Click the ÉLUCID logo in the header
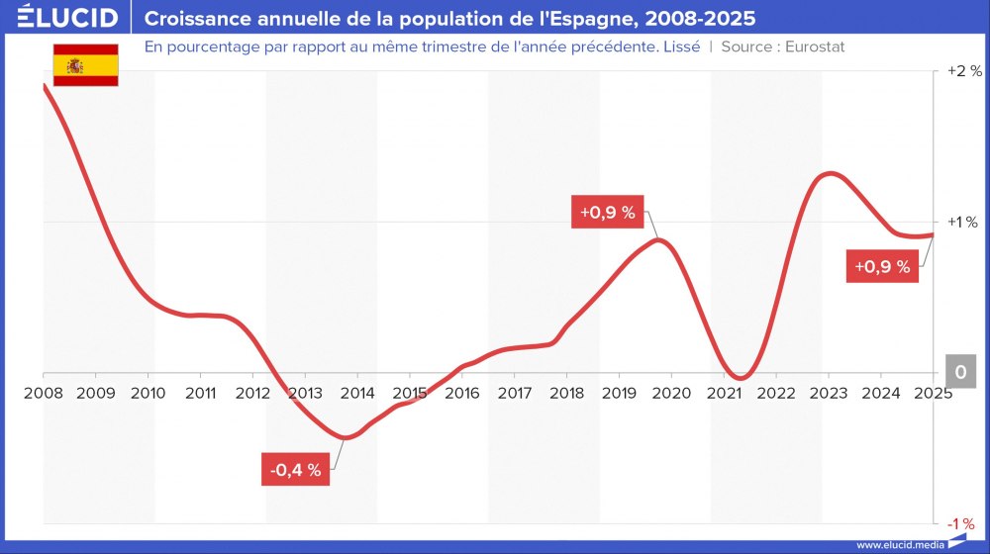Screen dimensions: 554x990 point(67,18)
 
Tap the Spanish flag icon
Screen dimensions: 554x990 point(85,65)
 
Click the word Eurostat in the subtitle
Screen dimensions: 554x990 point(814,46)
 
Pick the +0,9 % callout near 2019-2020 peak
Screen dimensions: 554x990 point(608,213)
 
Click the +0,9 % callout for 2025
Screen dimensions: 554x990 point(882,267)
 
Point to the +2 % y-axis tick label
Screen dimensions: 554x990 point(963,71)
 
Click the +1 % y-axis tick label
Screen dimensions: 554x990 point(963,222)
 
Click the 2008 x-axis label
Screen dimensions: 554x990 point(44,393)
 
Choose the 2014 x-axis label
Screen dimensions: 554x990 point(357,393)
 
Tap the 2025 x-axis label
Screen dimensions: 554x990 point(932,393)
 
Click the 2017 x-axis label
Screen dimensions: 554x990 point(515,393)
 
